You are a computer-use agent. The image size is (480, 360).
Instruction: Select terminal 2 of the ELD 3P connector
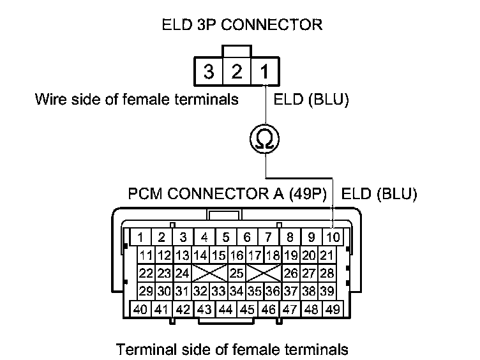tap(237, 71)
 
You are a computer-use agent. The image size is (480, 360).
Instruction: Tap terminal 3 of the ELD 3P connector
tap(209, 71)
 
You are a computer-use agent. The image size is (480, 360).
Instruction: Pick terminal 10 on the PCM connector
tap(333, 237)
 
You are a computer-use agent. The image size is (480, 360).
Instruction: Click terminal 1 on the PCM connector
tap(140, 237)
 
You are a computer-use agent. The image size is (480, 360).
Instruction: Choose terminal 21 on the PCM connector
tap(327, 256)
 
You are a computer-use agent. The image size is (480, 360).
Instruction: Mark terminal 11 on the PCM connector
tap(146, 256)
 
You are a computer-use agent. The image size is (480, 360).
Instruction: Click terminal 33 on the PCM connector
tap(218, 292)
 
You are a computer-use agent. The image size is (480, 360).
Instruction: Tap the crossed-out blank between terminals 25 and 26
tap(264, 274)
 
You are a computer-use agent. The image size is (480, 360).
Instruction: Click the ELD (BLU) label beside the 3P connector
tap(311, 100)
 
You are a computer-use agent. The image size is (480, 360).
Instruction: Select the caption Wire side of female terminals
tap(137, 100)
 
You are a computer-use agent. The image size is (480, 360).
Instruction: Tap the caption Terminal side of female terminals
tap(232, 349)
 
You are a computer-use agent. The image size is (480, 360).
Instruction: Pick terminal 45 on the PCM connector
tap(247, 310)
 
